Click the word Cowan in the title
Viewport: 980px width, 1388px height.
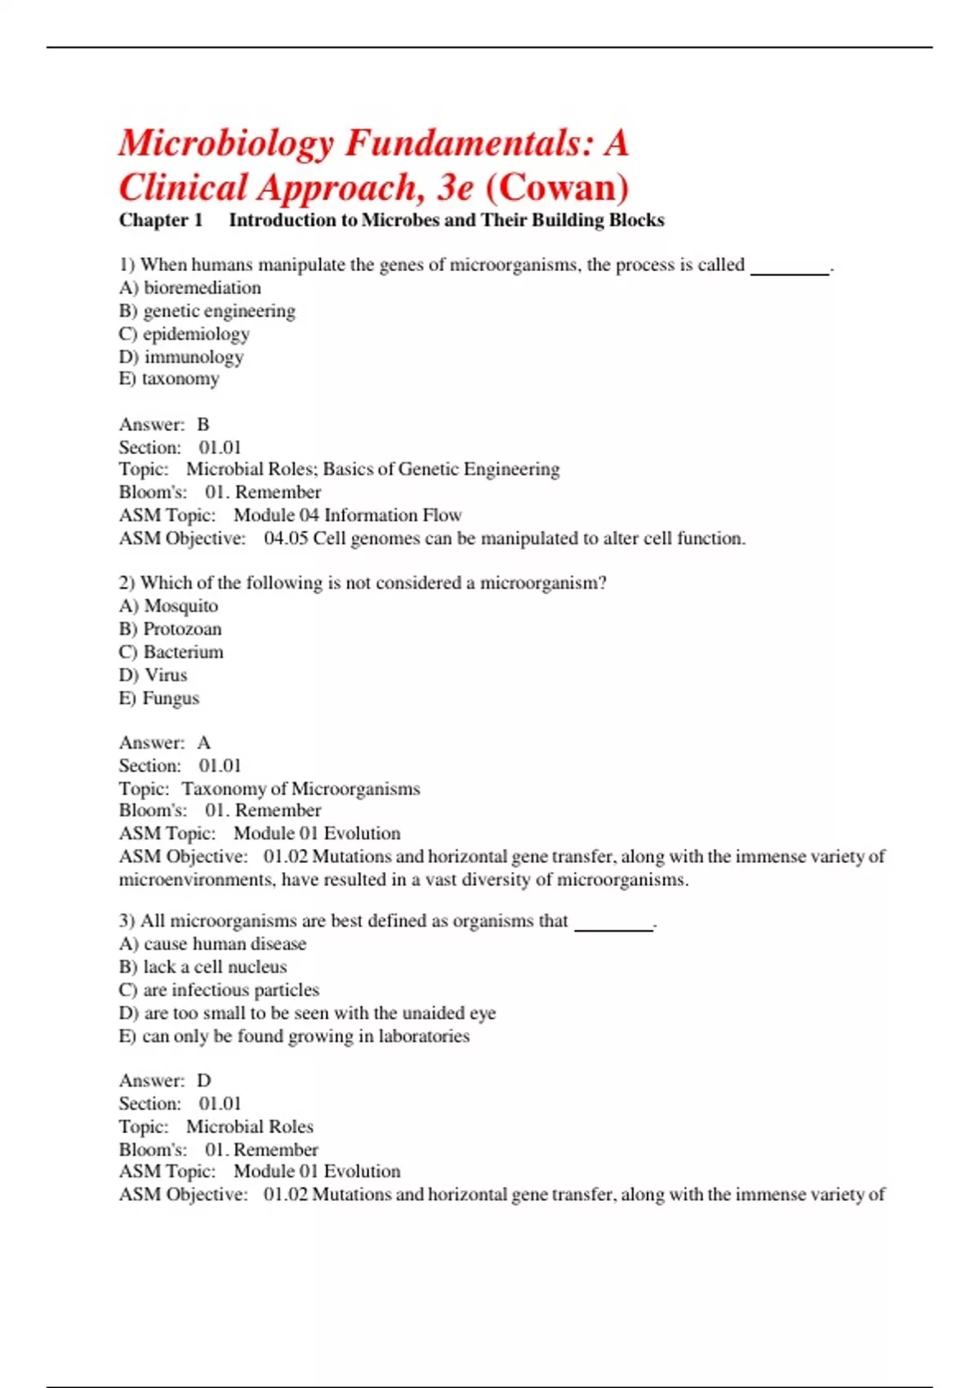click(558, 188)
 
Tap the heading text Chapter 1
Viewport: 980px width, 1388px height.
click(161, 220)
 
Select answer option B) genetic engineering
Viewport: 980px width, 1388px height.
click(207, 311)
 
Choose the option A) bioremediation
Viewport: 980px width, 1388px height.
click(190, 288)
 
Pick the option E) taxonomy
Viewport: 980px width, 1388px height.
click(169, 379)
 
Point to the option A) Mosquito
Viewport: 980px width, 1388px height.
click(169, 606)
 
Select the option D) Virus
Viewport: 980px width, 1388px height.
click(154, 675)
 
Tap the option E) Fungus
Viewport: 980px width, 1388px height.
click(159, 698)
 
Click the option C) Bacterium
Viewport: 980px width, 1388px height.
click(171, 652)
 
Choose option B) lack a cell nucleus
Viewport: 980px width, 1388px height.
click(203, 967)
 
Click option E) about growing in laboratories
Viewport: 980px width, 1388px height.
click(294, 1036)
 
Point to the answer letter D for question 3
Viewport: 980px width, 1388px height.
click(204, 1081)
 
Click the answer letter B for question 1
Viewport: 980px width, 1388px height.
click(203, 425)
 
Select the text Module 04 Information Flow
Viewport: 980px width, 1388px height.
click(347, 515)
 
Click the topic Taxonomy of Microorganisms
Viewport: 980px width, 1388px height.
click(301, 789)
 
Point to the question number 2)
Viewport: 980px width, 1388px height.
click(127, 583)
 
